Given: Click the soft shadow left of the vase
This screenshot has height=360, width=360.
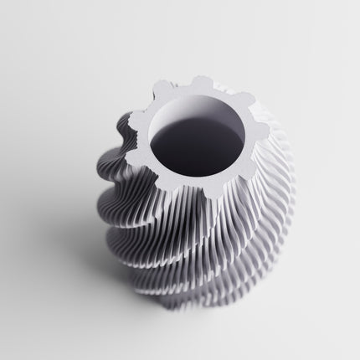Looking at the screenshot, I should point(67,251).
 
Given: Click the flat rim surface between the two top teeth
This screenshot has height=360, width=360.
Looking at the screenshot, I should point(221,88).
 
